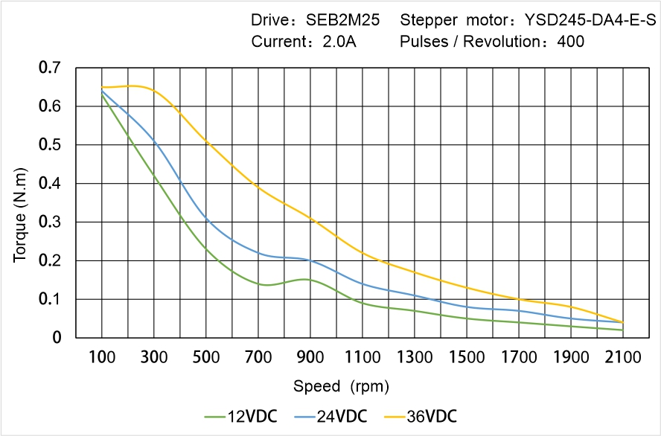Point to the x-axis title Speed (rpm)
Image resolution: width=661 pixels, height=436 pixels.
click(340, 387)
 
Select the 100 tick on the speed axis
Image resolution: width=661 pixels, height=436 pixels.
click(102, 358)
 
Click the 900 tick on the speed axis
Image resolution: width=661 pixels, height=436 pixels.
click(310, 358)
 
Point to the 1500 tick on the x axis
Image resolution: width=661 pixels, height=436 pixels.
click(467, 358)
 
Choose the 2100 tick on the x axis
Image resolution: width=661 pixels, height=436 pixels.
click(623, 358)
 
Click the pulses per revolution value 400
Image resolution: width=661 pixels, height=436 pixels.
click(571, 42)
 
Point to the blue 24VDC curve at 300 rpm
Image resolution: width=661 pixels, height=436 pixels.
click(154, 139)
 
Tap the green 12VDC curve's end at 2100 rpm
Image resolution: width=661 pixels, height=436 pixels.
click(623, 330)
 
